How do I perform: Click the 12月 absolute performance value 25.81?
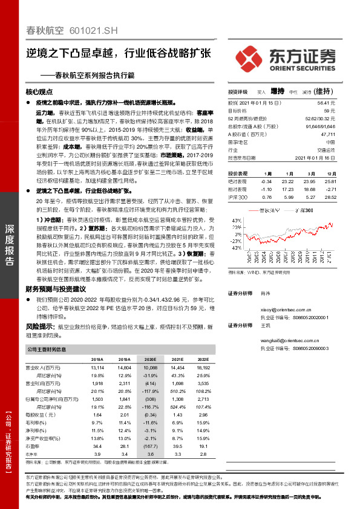[345, 181]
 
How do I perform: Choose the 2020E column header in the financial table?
[150, 358]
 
